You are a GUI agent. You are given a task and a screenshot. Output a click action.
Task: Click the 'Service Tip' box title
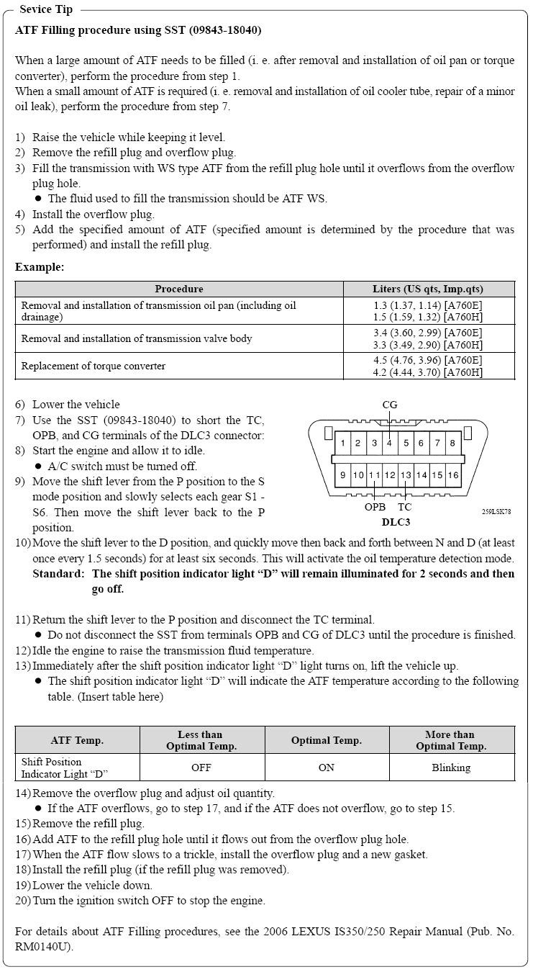(45, 9)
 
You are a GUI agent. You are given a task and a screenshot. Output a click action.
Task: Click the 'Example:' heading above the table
(40, 267)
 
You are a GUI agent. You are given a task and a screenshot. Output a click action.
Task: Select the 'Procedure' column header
(179, 289)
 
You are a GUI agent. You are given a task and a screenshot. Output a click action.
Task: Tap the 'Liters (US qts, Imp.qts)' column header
(428, 289)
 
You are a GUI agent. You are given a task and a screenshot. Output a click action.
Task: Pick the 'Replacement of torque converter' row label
(94, 366)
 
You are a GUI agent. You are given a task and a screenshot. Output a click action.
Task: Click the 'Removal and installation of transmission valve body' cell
(137, 338)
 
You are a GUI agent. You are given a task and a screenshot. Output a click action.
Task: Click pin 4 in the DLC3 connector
(389, 443)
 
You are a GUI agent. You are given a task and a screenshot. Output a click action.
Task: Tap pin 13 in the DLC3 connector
(406, 474)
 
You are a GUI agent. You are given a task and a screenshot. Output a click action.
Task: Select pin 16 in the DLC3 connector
(452, 474)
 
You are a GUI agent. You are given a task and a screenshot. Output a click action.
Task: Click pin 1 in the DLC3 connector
(343, 443)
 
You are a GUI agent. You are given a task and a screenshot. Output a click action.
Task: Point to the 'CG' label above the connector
(389, 405)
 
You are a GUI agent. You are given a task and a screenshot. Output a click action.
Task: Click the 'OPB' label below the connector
(375, 507)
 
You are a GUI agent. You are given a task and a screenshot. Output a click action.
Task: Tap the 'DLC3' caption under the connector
(396, 522)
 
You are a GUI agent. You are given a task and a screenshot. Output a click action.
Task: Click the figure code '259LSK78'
(496, 512)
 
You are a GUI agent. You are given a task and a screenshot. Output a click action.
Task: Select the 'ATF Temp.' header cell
(77, 740)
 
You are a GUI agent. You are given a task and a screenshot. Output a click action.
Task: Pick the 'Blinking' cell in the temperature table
(451, 768)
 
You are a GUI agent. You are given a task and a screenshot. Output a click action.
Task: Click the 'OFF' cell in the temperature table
(201, 768)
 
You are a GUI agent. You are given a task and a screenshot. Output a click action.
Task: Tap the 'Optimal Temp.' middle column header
(327, 740)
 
